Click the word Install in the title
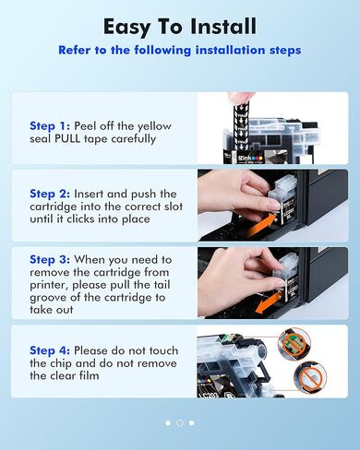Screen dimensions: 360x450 click(x=222, y=26)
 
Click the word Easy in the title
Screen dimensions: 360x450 click(x=126, y=28)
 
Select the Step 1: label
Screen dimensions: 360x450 click(x=50, y=126)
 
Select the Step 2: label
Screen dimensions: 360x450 click(x=50, y=194)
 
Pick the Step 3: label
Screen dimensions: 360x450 click(x=50, y=260)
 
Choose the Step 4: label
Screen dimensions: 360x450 click(x=50, y=350)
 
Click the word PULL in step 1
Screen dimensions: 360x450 click(x=67, y=139)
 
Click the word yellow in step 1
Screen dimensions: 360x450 click(x=154, y=126)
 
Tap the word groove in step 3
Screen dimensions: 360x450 click(x=49, y=298)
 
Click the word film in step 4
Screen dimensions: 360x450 click(x=90, y=375)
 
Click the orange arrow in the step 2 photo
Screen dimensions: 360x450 click(x=260, y=225)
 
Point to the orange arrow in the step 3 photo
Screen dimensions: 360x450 click(x=268, y=302)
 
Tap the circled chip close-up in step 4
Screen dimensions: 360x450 click(x=294, y=342)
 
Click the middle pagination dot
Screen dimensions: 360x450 click(x=180, y=423)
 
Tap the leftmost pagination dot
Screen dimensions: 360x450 click(x=168, y=423)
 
